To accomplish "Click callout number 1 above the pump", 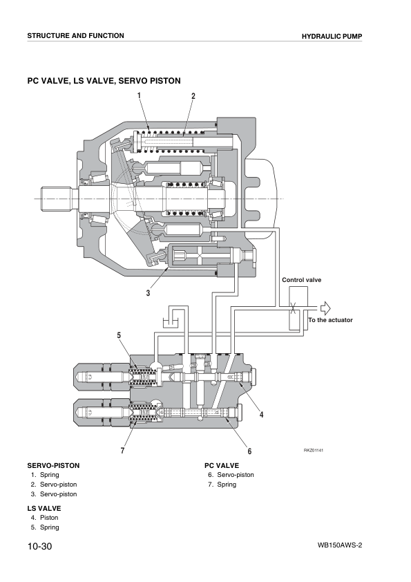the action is [140, 96].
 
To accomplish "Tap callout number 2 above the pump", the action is [193, 96].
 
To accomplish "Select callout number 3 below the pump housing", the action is [148, 293].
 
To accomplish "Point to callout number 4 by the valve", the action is [262, 415].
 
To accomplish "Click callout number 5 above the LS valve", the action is [119, 335].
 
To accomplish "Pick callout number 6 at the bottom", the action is [249, 451].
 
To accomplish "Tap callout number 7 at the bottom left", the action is [122, 451].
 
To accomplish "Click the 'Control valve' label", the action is [302, 280].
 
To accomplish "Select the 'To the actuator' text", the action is [330, 320].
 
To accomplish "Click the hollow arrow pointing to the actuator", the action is [325, 308].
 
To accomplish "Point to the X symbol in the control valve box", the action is [294, 308].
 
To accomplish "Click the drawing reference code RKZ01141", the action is [314, 451].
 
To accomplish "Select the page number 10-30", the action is [39, 546].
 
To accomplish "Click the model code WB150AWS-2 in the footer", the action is [340, 545].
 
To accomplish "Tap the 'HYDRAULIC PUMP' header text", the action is [332, 37].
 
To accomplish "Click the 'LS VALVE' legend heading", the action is [44, 509].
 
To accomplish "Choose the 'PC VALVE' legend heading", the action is [222, 465].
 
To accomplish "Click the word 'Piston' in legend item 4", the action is [49, 518].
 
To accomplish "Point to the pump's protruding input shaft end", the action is [56, 199].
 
